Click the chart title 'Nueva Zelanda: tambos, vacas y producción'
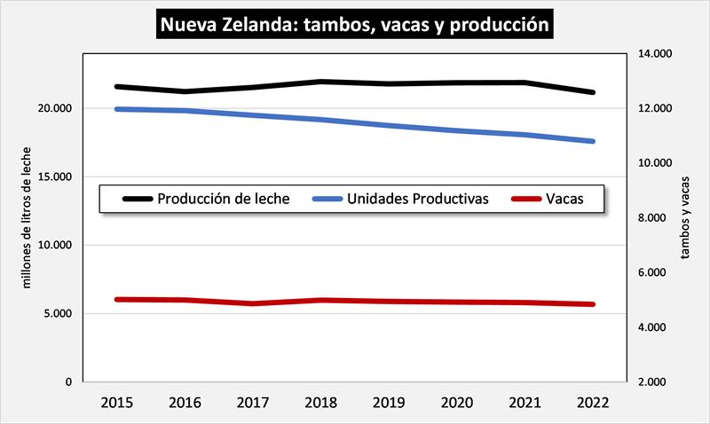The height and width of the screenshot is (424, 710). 354,24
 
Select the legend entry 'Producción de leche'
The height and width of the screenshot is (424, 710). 223,199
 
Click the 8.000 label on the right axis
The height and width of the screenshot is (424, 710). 654,218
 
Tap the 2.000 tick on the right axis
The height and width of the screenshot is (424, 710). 654,382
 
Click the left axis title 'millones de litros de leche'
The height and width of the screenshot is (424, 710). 26,218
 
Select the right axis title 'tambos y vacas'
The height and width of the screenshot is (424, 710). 684,218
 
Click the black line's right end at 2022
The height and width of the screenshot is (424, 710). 591,92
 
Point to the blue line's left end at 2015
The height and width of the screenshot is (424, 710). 117,109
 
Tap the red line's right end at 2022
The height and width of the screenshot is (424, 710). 591,304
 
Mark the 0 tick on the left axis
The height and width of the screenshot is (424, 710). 68,382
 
